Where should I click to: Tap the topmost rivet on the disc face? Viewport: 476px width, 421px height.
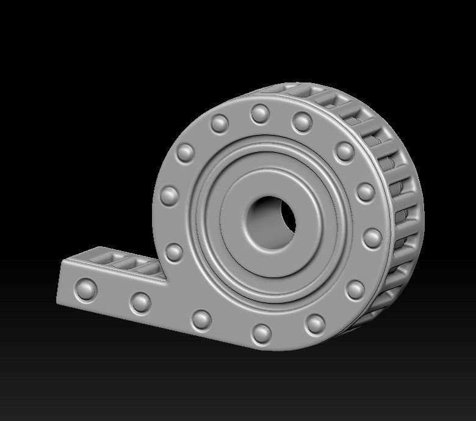pyautogui.click(x=260, y=113)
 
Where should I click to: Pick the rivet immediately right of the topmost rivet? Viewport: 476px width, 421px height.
pyautogui.click(x=302, y=122)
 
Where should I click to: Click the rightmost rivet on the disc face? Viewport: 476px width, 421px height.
pyautogui.click(x=372, y=237)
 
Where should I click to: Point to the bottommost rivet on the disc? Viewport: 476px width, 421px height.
pyautogui.click(x=261, y=333)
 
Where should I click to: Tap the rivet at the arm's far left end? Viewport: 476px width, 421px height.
pyautogui.click(x=86, y=288)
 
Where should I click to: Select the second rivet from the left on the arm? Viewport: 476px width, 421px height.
pyautogui.click(x=140, y=302)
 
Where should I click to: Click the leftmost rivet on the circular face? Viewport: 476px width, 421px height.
pyautogui.click(x=170, y=196)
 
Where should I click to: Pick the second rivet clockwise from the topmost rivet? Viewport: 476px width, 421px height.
pyautogui.click(x=344, y=151)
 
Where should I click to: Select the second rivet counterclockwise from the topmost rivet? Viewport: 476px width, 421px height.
pyautogui.click(x=186, y=152)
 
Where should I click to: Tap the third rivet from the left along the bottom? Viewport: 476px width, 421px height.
pyautogui.click(x=201, y=319)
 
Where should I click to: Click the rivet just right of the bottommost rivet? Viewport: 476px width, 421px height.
pyautogui.click(x=316, y=323)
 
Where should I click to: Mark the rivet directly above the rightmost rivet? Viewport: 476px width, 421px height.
pyautogui.click(x=366, y=192)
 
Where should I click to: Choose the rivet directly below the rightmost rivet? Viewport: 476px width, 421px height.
pyautogui.click(x=355, y=289)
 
